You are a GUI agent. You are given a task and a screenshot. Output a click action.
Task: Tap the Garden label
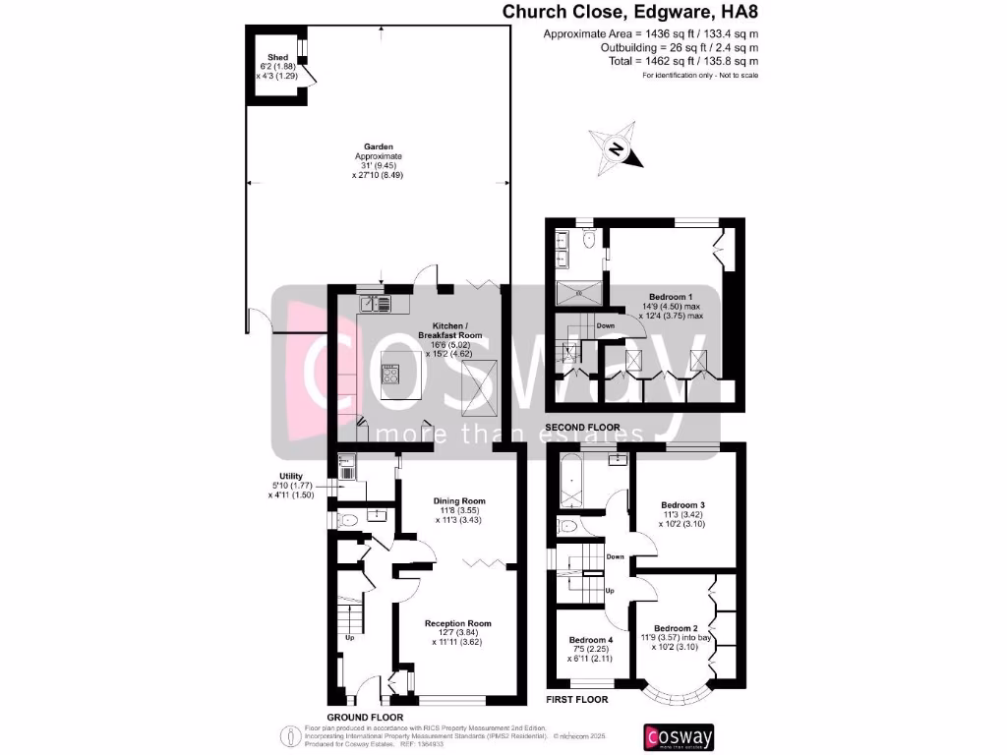point(378,147)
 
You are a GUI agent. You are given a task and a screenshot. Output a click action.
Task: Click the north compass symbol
point(616,149)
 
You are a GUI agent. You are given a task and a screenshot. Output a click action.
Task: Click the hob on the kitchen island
point(391,374)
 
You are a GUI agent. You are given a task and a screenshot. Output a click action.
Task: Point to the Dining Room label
point(459,500)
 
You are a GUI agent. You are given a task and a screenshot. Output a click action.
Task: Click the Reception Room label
point(457,623)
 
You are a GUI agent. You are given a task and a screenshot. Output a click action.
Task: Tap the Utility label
point(290,476)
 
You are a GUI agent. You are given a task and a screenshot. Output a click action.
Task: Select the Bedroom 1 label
point(671,297)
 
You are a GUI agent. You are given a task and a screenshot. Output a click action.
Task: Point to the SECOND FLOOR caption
point(582,428)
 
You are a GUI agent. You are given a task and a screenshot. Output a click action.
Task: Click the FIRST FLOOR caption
point(576,700)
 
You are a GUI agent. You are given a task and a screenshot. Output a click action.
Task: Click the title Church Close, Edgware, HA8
point(630,13)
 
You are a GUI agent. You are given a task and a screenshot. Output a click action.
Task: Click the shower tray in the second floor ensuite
point(578,292)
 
